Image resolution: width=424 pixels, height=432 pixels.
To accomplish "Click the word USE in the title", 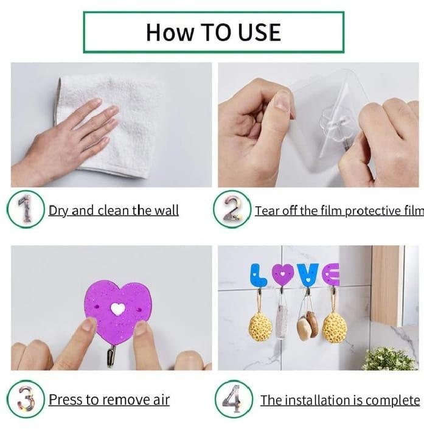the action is click(x=259, y=32).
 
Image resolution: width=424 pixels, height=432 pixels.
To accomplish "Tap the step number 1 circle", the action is click(x=26, y=209).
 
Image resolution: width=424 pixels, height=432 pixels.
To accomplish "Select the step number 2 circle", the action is click(x=232, y=209).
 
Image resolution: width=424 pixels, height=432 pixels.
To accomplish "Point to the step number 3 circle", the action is click(x=26, y=399).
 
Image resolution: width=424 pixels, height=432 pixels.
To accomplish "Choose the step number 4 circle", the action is click(x=234, y=399).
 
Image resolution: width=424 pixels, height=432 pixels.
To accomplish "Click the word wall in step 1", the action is click(x=166, y=211).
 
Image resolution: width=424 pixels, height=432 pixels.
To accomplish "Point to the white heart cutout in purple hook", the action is click(x=117, y=309).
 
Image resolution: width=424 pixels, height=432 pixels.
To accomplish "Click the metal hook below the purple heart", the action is click(x=111, y=356).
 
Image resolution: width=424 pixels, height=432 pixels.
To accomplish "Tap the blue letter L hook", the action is click(x=258, y=274).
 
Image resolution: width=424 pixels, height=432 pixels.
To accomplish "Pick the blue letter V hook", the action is click(x=308, y=274).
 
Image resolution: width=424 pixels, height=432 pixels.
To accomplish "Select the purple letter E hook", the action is click(x=330, y=274).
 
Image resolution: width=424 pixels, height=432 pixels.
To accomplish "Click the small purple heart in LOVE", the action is click(x=283, y=274).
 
